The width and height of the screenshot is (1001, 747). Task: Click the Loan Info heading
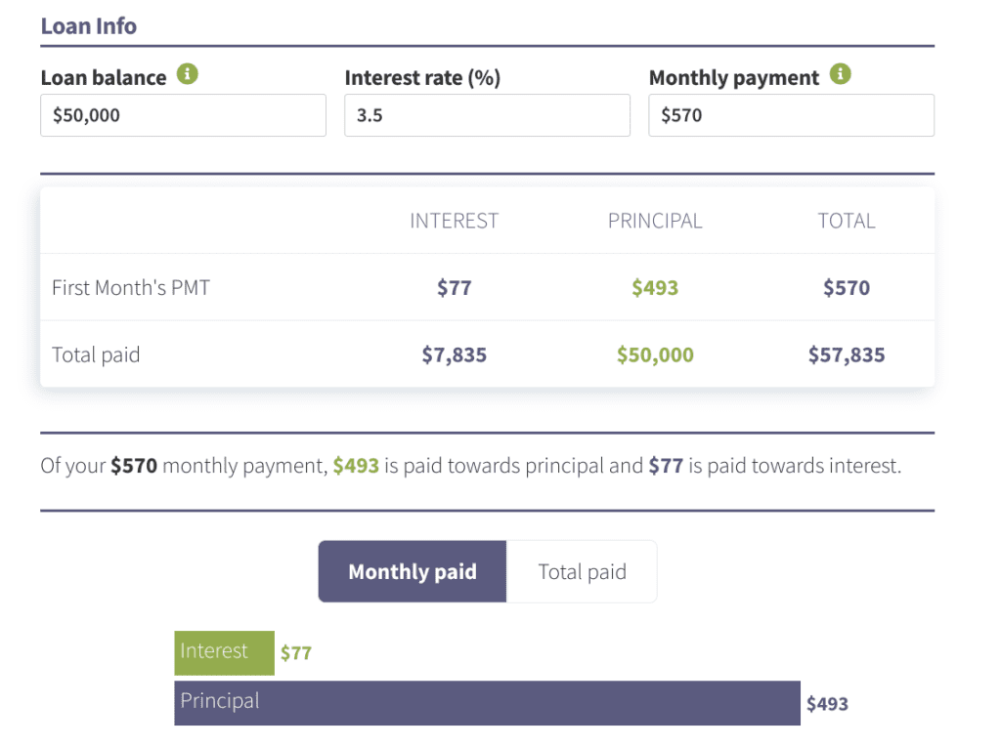coord(89,26)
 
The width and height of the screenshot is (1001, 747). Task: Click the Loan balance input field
coord(183,115)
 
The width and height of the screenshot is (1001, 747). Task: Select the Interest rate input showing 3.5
coord(487,115)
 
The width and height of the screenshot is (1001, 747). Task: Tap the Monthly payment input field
coord(791,115)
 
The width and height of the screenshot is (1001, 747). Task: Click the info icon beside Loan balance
coord(187,74)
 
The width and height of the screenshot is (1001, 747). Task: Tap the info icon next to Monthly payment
coord(840,74)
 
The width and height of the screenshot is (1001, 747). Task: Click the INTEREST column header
coord(454,221)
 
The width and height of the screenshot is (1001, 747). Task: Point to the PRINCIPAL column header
coord(655,221)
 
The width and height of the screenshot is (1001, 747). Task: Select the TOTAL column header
coord(847,221)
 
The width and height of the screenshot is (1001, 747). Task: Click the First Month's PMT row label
coord(131,288)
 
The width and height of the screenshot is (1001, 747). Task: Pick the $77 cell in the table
coord(454,288)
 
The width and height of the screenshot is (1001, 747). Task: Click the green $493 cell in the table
coord(655,288)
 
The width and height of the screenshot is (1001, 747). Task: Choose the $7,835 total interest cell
coord(454,354)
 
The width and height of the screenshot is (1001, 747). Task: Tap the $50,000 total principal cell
coord(655,354)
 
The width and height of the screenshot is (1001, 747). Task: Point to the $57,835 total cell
coord(847,354)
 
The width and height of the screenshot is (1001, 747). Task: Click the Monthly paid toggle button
coord(413,571)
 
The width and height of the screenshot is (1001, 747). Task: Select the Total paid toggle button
coord(582,571)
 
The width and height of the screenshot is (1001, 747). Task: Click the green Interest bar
coord(224,652)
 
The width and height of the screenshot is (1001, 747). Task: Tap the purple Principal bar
coord(487,703)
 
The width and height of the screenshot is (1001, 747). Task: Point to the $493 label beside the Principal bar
coord(827,704)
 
